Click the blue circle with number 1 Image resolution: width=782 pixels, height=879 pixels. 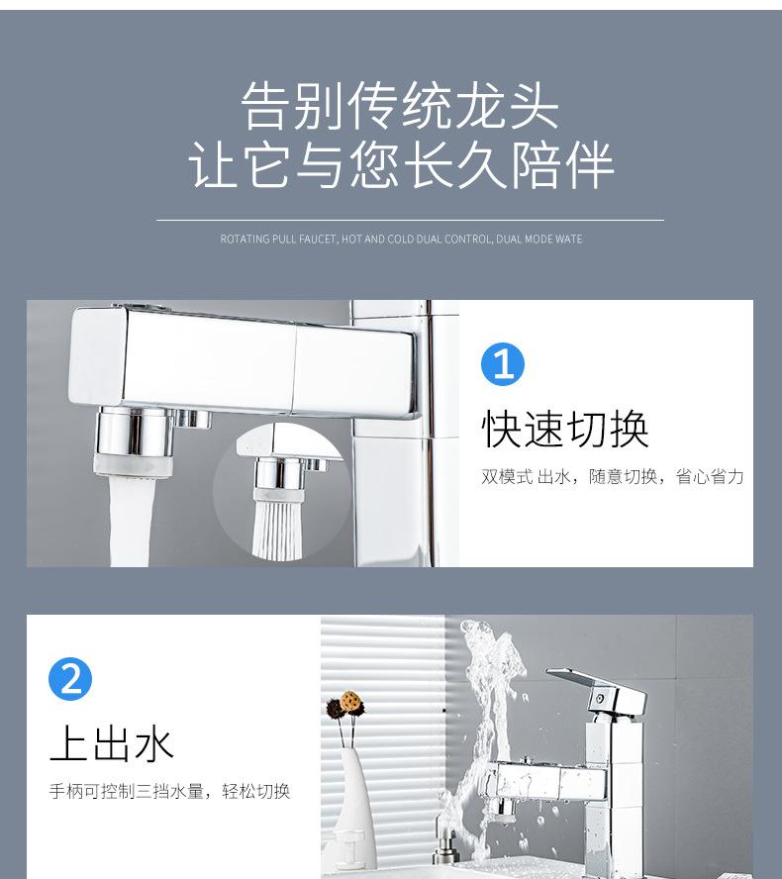pyautogui.click(x=502, y=364)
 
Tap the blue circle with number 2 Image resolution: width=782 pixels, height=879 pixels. pyautogui.click(x=70, y=679)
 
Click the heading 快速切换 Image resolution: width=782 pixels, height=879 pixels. pyautogui.click(x=565, y=428)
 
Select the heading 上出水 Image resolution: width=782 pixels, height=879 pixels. pyautogui.click(x=112, y=743)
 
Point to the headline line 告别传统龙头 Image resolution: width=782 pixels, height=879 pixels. pyautogui.click(x=400, y=106)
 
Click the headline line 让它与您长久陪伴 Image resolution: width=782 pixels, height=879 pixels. pyautogui.click(x=401, y=165)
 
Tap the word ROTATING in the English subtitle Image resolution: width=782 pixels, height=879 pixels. pyautogui.click(x=244, y=240)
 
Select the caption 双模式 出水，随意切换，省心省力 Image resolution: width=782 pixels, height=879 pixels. pyautogui.click(x=613, y=477)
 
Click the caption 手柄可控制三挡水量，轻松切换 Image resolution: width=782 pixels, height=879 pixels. pyautogui.click(x=169, y=791)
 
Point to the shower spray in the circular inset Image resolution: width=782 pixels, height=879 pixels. pyautogui.click(x=280, y=525)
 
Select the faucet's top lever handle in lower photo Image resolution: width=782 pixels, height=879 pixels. pyautogui.click(x=594, y=683)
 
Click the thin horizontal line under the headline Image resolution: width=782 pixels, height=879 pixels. pyautogui.click(x=409, y=220)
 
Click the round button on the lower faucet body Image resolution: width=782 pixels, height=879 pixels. pyautogui.click(x=598, y=699)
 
